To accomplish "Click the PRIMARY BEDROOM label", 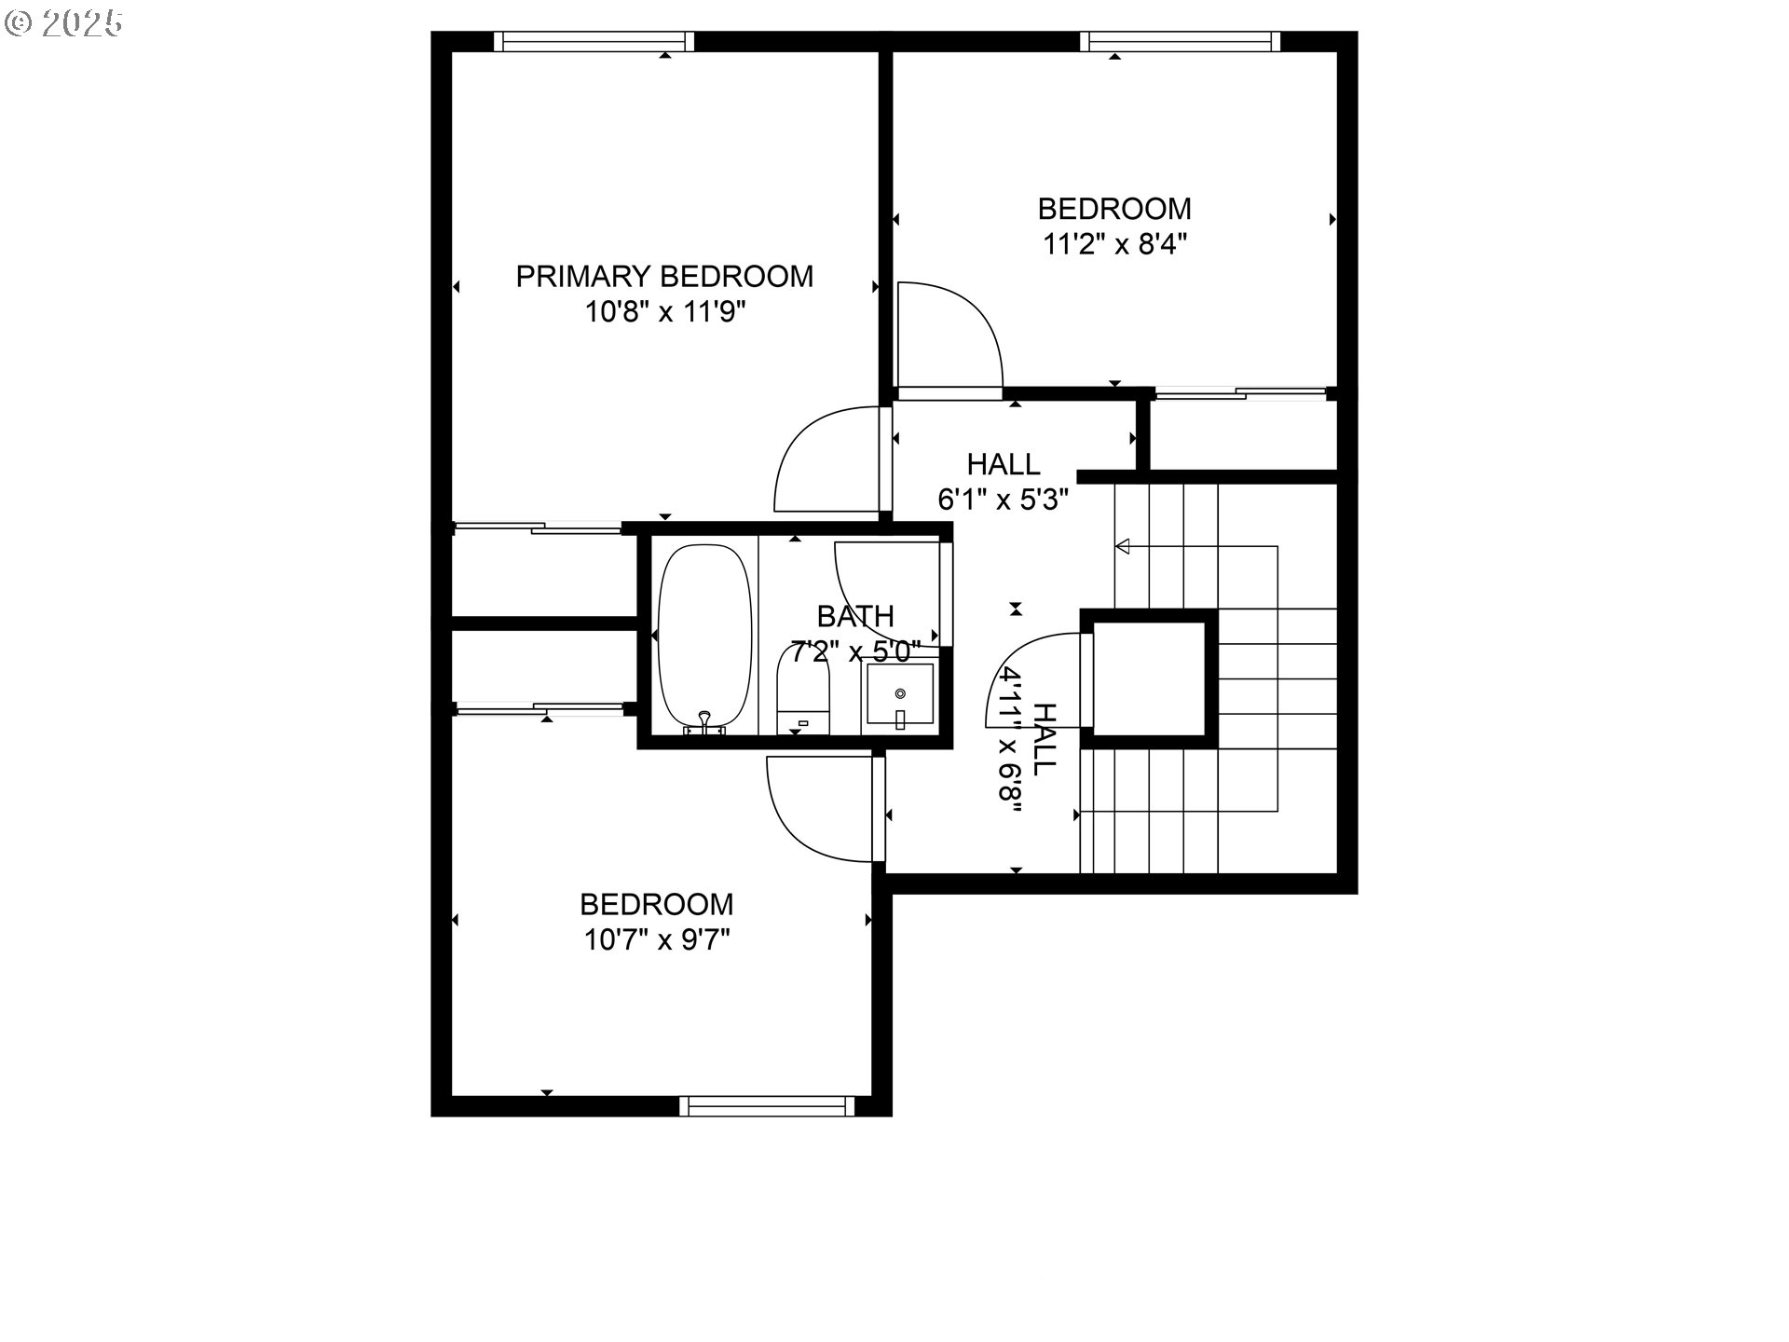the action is (664, 277).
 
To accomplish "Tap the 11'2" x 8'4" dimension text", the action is (1114, 244).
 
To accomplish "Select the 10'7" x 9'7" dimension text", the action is (657, 939).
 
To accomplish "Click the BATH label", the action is (855, 616).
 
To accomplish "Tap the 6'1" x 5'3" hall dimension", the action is (1003, 500).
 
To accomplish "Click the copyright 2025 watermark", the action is (63, 23).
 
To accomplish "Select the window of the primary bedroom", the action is (594, 41).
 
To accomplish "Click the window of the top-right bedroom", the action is (1181, 41).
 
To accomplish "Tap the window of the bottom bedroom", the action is (767, 1106).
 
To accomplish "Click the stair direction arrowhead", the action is (1123, 545).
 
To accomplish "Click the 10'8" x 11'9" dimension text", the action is (664, 312).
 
